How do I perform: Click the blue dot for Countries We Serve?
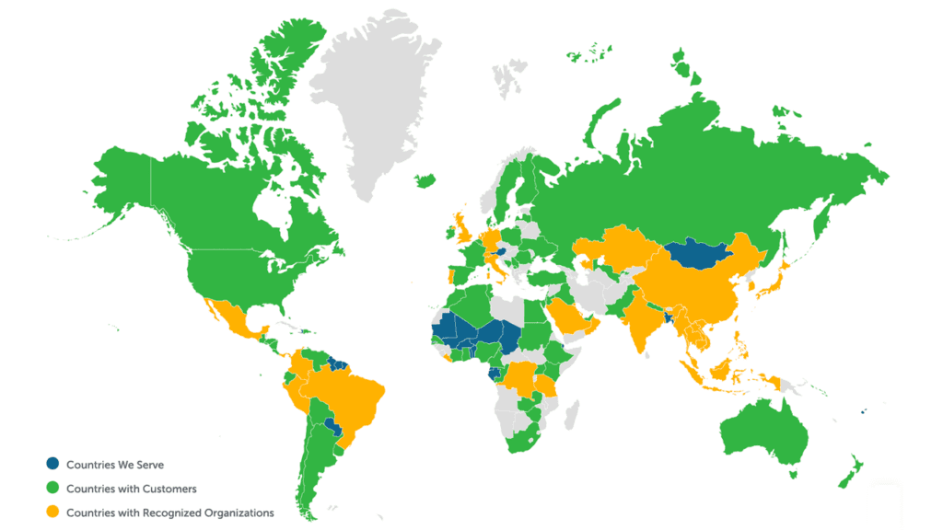55,465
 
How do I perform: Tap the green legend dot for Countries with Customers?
55,489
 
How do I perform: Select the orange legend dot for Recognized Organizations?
55,513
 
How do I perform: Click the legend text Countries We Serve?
115,465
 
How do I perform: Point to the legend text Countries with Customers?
132,489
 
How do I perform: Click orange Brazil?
355,396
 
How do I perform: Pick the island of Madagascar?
568,414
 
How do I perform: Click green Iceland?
425,180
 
